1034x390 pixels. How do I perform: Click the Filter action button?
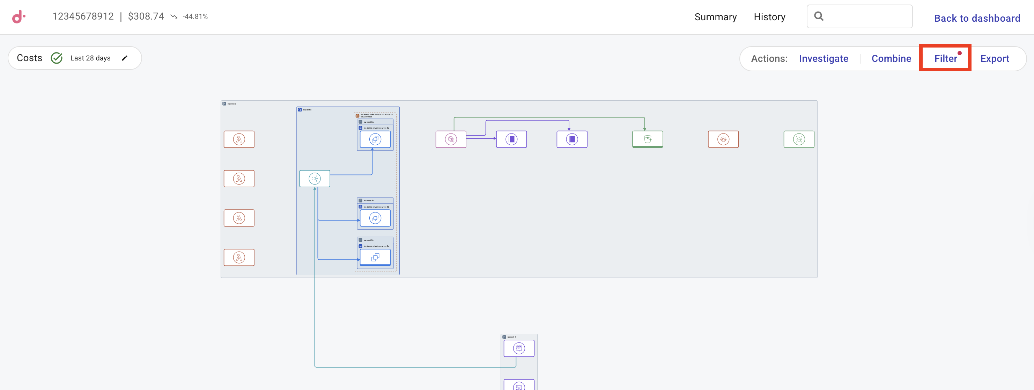(945, 59)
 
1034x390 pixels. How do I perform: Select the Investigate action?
(823, 59)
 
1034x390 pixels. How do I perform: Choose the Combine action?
(891, 59)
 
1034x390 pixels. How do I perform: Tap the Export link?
(994, 59)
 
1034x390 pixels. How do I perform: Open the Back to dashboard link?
(977, 18)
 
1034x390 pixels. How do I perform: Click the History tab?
(769, 17)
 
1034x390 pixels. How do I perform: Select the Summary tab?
(715, 17)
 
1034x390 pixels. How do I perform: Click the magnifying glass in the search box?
(819, 16)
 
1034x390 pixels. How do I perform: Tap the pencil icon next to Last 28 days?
(124, 58)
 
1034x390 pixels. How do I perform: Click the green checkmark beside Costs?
(57, 58)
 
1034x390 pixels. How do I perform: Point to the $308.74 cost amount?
(146, 16)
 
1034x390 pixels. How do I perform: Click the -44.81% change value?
(195, 16)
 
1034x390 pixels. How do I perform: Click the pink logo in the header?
(19, 16)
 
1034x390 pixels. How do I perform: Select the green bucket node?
(647, 139)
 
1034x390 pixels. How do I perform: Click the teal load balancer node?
(314, 179)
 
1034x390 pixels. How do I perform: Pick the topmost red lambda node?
(239, 139)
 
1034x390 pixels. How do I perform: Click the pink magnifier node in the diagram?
(451, 139)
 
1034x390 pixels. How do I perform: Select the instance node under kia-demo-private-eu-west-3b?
(375, 218)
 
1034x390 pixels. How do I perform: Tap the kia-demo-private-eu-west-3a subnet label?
(376, 128)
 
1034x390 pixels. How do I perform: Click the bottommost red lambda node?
(239, 258)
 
